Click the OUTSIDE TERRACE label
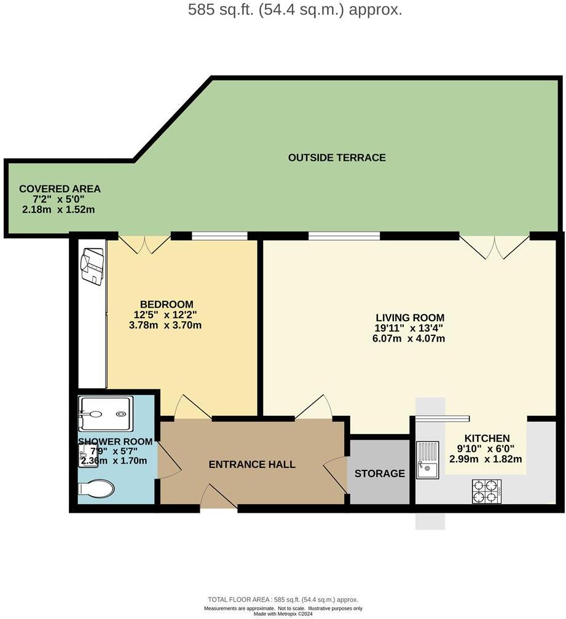click(x=337, y=158)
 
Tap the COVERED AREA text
click(x=60, y=189)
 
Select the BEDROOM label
click(x=167, y=305)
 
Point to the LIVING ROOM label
click(x=410, y=317)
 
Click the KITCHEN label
click(x=487, y=438)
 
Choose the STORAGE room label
click(x=380, y=473)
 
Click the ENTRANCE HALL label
click(x=252, y=464)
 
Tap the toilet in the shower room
click(x=96, y=489)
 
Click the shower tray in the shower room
click(x=105, y=414)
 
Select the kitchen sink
click(x=427, y=460)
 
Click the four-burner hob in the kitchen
click(x=486, y=491)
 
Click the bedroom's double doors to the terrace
click(x=144, y=245)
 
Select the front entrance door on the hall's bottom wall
click(x=218, y=496)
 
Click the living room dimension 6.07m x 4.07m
click(x=410, y=338)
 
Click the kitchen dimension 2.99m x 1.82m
click(x=485, y=459)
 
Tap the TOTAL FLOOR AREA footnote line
click(x=283, y=600)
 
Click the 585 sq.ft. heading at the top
click(x=295, y=10)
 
